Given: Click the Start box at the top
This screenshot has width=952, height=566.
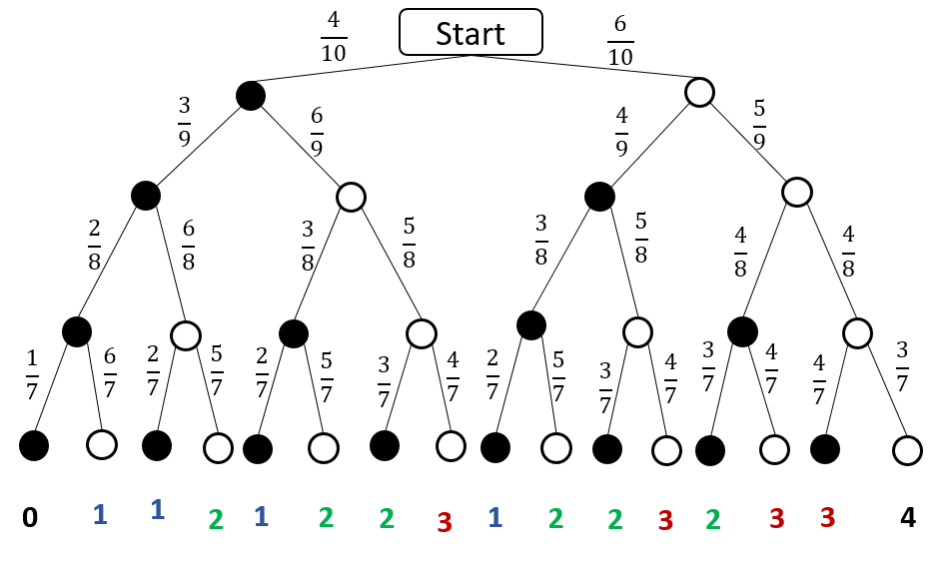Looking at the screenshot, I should click(471, 32).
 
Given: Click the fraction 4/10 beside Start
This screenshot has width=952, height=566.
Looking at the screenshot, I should click(334, 37).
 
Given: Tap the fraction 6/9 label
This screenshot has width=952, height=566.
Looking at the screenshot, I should click(317, 130).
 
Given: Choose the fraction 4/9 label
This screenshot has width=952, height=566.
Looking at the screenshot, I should click(621, 132).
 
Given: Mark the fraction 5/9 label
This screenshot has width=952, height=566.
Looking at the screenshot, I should click(759, 122).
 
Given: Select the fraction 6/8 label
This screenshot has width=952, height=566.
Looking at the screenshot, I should click(189, 244).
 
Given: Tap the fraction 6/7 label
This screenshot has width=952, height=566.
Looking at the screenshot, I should click(109, 371).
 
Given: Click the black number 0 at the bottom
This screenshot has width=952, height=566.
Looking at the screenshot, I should click(30, 517).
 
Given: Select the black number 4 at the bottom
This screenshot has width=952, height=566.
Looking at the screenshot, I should click(906, 517).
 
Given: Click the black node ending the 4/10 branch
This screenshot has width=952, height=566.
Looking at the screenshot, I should click(251, 96).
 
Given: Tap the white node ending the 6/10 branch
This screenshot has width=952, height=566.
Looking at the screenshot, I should click(699, 93).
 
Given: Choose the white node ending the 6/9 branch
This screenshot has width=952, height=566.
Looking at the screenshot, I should click(351, 197).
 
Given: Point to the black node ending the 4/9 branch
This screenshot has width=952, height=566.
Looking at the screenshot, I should click(599, 197).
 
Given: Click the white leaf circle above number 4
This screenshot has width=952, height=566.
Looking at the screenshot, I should click(906, 450).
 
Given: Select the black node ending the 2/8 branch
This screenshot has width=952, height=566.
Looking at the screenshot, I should click(77, 331).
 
